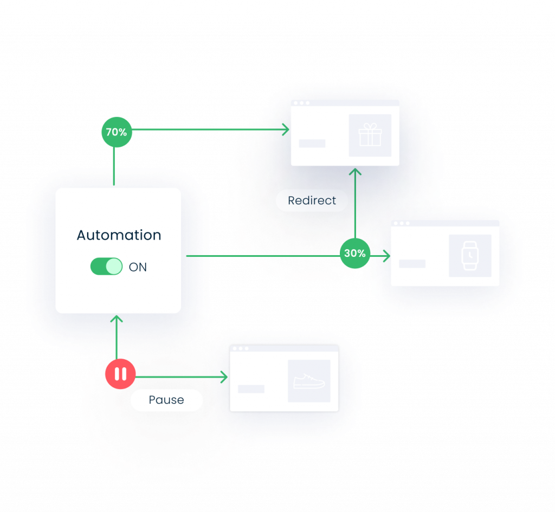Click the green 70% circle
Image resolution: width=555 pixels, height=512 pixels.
click(117, 132)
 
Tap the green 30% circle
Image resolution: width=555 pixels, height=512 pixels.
click(355, 253)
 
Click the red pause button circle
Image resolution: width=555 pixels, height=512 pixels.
click(120, 374)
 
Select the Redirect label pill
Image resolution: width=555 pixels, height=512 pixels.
click(312, 200)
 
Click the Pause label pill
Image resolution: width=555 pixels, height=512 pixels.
click(166, 400)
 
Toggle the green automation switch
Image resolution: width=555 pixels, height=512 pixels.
click(106, 267)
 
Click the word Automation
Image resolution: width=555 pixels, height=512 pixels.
click(119, 235)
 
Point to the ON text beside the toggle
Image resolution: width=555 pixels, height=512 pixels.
click(138, 267)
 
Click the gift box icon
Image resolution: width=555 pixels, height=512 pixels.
click(370, 135)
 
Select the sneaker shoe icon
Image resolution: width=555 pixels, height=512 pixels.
click(309, 381)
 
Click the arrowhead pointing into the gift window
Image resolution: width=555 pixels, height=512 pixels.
click(286, 129)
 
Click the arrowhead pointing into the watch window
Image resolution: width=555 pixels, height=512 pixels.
click(386, 256)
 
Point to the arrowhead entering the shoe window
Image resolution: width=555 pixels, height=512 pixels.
click(224, 377)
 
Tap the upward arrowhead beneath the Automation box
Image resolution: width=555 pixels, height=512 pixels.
click(117, 319)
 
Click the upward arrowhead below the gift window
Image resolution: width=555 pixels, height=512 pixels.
click(355, 172)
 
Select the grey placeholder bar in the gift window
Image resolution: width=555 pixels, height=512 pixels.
click(312, 144)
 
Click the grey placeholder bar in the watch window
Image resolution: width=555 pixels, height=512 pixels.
click(412, 264)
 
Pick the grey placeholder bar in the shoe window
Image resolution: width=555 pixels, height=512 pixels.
click(251, 389)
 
